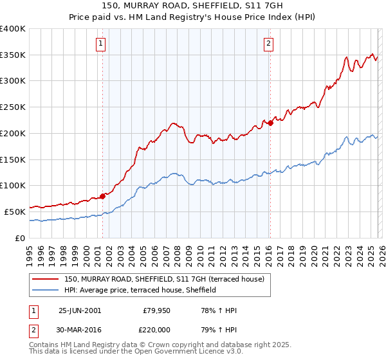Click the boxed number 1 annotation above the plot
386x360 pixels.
point(102,44)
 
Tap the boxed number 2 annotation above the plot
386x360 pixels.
point(268,44)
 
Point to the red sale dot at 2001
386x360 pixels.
point(102,196)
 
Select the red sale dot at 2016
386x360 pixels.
point(270,123)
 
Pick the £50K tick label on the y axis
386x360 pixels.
point(15,212)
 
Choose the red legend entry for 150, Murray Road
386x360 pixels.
point(168,279)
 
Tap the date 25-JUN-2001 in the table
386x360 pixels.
point(80,310)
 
